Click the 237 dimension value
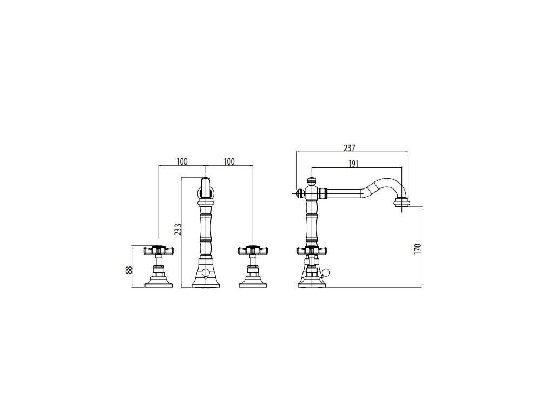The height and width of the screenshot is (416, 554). click(x=349, y=148)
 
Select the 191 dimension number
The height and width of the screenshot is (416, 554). click(x=353, y=164)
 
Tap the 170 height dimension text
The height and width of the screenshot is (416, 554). click(x=418, y=249)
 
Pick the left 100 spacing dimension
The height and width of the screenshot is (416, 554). click(x=182, y=161)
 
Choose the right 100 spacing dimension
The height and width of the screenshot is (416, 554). click(x=229, y=161)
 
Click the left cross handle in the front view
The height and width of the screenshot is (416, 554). click(x=159, y=250)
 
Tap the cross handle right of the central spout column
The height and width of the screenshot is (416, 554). click(x=253, y=250)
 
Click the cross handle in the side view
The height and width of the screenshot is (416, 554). click(x=311, y=250)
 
